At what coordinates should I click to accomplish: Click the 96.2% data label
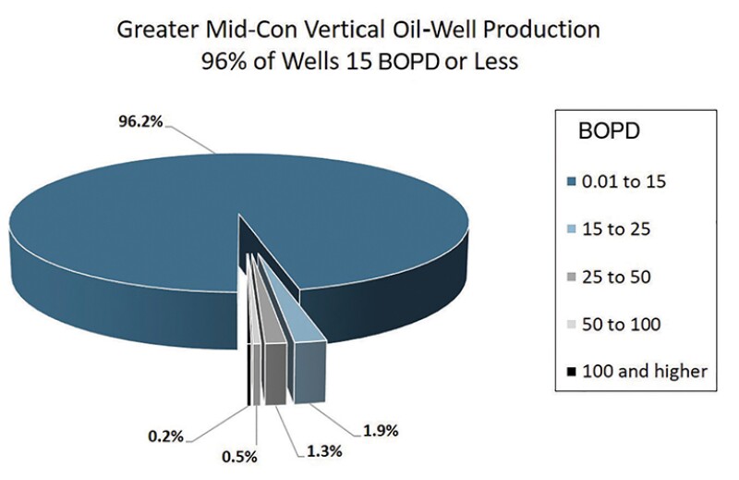tap(136, 121)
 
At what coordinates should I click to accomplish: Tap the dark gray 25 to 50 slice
tap(273, 370)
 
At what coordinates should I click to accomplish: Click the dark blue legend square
tap(570, 182)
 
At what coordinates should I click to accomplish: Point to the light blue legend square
tap(570, 229)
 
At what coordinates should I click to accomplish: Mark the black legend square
tap(570, 372)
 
